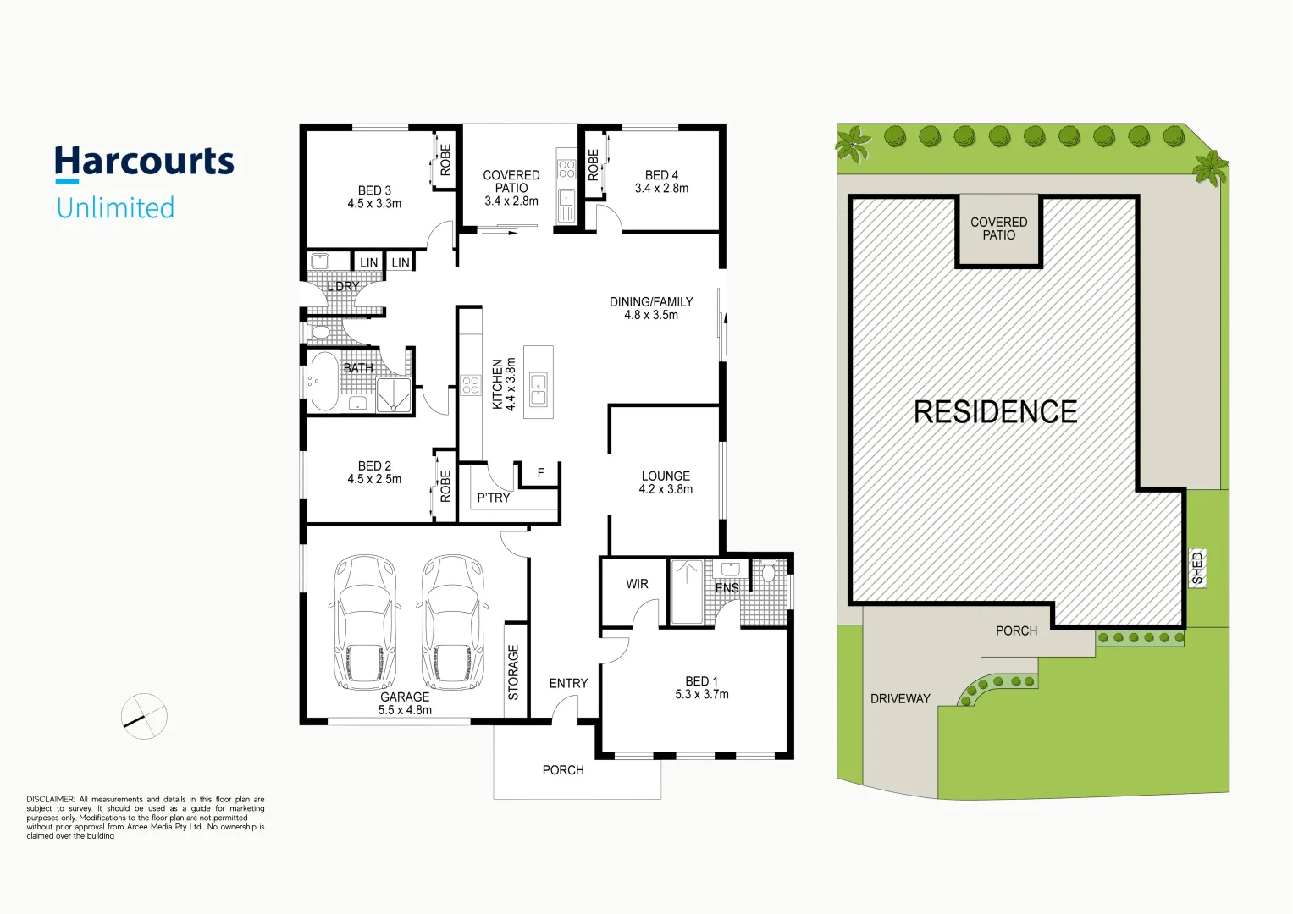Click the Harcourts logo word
pyautogui.click(x=144, y=162)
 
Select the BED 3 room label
pyautogui.click(x=374, y=190)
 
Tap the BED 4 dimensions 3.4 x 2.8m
pyautogui.click(x=661, y=189)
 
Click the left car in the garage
pyautogui.click(x=364, y=622)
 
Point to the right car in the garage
pyautogui.click(x=452, y=622)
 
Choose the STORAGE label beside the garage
pyautogui.click(x=513, y=672)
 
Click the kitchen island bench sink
pyautogui.click(x=539, y=390)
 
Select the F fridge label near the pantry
pyautogui.click(x=540, y=473)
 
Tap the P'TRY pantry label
pyautogui.click(x=493, y=498)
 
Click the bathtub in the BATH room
pyautogui.click(x=323, y=382)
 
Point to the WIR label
pyautogui.click(x=637, y=584)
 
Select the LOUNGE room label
pyautogui.click(x=666, y=476)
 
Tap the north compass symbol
pyautogui.click(x=144, y=716)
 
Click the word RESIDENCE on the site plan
pyautogui.click(x=995, y=412)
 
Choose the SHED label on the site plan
pyautogui.click(x=1196, y=568)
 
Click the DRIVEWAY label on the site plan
pyautogui.click(x=900, y=698)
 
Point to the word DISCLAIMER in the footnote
pyautogui.click(x=50, y=799)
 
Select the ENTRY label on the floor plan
pyautogui.click(x=568, y=683)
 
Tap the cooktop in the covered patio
pyautogui.click(x=566, y=168)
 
